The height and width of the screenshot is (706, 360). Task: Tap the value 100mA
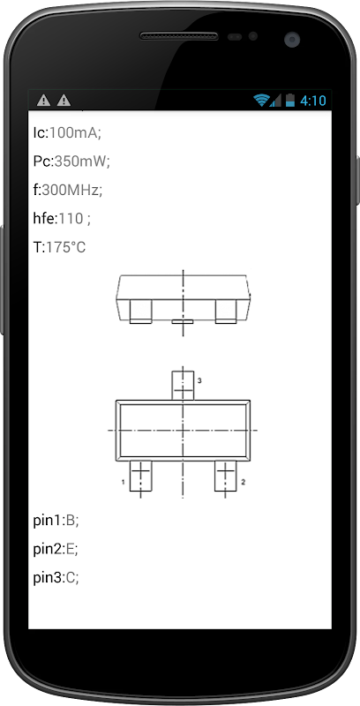coord(73,132)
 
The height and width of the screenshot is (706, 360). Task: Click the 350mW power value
coord(80,161)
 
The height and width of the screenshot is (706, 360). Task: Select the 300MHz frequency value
coord(70,190)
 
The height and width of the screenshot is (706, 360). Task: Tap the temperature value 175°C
coord(65,247)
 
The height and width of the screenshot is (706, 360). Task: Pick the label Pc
coord(41,161)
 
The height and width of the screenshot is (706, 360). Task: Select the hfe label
coord(44,219)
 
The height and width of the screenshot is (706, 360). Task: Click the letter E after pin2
coord(70,549)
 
